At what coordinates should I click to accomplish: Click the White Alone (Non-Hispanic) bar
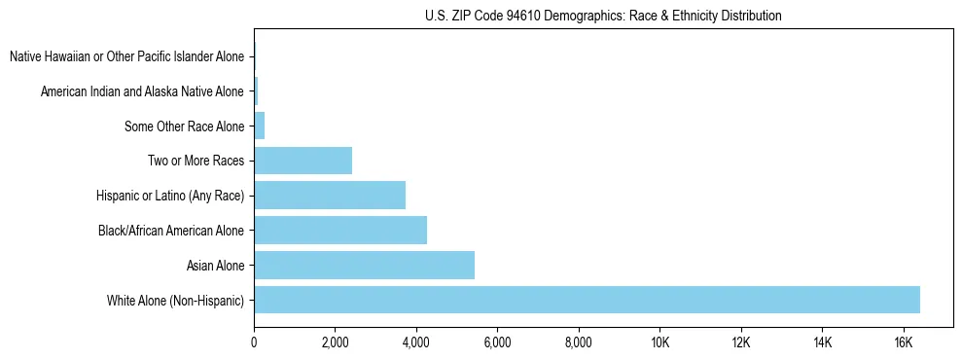(587, 300)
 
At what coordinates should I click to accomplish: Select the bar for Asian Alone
(364, 265)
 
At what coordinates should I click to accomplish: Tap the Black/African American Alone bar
(340, 230)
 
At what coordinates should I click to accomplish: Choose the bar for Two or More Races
(303, 161)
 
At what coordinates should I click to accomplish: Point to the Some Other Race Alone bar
(260, 126)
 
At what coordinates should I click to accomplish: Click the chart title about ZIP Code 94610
(603, 16)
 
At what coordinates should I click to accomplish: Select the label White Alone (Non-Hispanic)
(175, 301)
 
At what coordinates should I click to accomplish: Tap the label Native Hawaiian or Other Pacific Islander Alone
(126, 57)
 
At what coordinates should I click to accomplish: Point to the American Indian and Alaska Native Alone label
(142, 92)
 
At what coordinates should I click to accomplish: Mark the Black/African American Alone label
(171, 231)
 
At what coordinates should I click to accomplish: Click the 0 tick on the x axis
(254, 342)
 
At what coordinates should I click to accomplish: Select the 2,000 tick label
(335, 342)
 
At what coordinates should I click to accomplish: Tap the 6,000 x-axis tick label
(497, 342)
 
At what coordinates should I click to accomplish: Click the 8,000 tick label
(578, 342)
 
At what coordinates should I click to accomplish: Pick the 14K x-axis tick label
(822, 342)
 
